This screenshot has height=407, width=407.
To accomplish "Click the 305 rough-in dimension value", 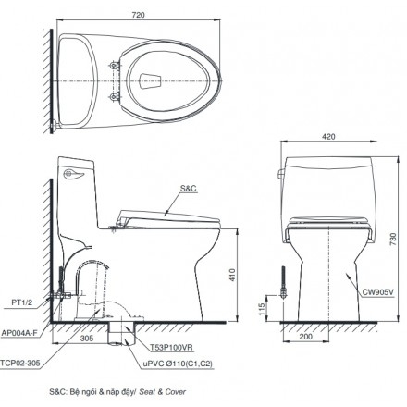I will pyautogui.click(x=86, y=338).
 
